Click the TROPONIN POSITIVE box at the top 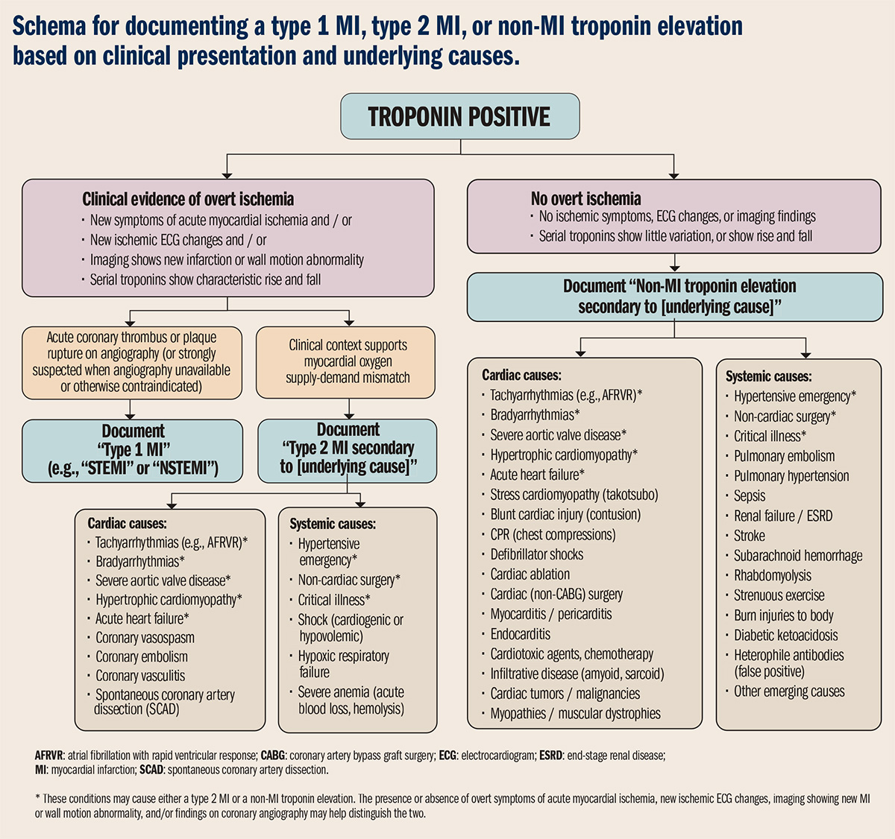(x=459, y=116)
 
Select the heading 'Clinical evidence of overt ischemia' (x=188, y=199)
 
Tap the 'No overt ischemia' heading (x=585, y=198)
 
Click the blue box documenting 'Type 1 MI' (x=133, y=449)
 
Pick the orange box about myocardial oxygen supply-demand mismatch (x=348, y=361)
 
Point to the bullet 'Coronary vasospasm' (x=145, y=638)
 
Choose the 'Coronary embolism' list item (x=142, y=657)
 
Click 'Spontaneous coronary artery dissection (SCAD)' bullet (x=164, y=702)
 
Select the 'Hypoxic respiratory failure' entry (x=343, y=664)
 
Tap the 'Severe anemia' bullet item (x=351, y=700)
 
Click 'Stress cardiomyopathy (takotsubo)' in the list (x=574, y=495)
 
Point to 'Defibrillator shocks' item (x=536, y=554)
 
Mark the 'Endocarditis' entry (x=520, y=634)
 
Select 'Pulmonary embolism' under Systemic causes (x=784, y=456)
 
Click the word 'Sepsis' (x=750, y=496)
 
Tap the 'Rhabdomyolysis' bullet (x=772, y=575)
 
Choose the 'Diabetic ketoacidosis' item (x=785, y=636)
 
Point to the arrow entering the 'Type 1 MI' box (x=131, y=412)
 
